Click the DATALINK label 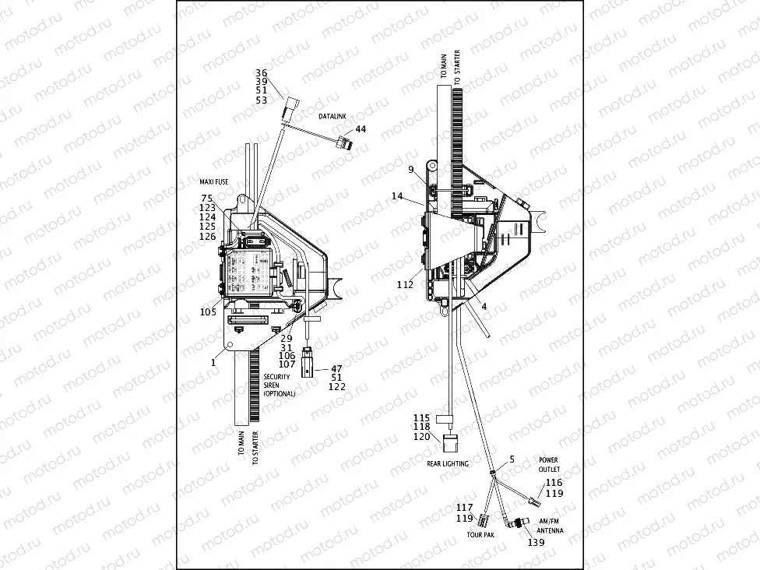[332, 115]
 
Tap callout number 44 [360, 128]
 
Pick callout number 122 [336, 387]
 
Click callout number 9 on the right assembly [410, 169]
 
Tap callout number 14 [397, 198]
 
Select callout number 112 [405, 285]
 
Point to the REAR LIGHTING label [448, 463]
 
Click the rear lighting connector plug [451, 443]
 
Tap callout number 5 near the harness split [511, 459]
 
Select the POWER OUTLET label [548, 465]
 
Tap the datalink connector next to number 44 [341, 142]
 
